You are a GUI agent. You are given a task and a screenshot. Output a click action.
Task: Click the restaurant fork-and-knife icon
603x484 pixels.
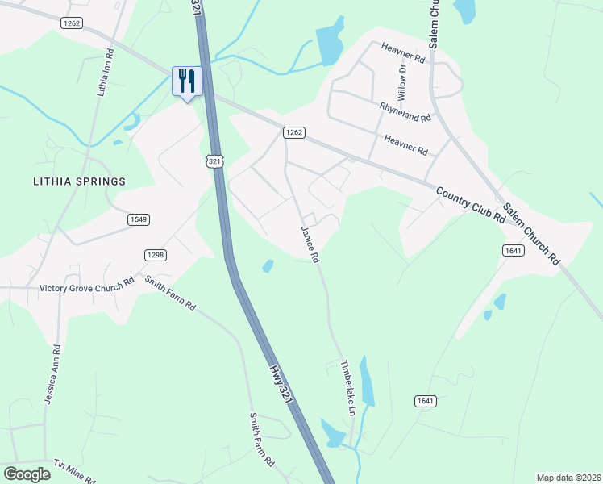187,81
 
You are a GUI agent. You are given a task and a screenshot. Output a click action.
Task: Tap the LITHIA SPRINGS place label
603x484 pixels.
79,181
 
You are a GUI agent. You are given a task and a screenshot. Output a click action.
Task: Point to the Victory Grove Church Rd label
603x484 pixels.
87,287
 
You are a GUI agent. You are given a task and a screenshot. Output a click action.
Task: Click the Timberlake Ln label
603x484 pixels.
349,387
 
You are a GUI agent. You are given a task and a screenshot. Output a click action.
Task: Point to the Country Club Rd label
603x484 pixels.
471,206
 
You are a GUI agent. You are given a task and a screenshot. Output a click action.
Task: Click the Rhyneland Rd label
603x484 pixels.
406,111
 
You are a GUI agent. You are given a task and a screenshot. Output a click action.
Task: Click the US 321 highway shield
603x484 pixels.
214,162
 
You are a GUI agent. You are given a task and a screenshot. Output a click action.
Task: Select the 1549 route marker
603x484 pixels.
138,219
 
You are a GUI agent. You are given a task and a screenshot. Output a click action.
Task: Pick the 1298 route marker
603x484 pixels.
156,255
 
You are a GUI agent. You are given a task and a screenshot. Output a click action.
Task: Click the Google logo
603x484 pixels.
27,474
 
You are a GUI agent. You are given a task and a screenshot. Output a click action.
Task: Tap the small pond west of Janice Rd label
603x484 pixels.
268,265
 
